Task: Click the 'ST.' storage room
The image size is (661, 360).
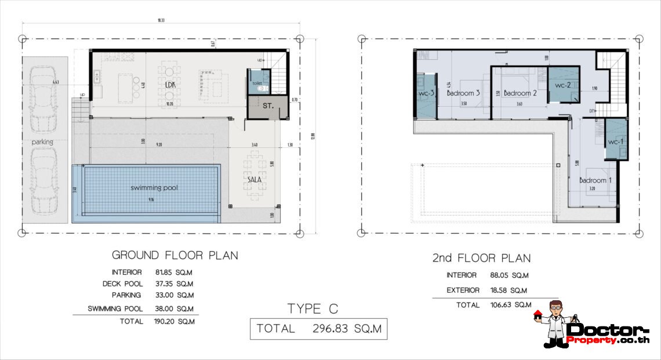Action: tap(267, 106)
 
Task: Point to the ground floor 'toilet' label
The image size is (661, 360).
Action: tap(257, 83)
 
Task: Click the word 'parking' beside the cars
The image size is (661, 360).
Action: tap(42, 141)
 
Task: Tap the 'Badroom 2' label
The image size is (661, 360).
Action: tap(520, 93)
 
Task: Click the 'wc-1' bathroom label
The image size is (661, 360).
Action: tap(616, 143)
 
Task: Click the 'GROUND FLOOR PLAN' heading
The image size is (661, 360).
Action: tap(175, 255)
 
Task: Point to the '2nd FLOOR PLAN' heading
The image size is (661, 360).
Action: tap(481, 258)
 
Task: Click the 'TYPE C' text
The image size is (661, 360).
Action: tap(313, 308)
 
